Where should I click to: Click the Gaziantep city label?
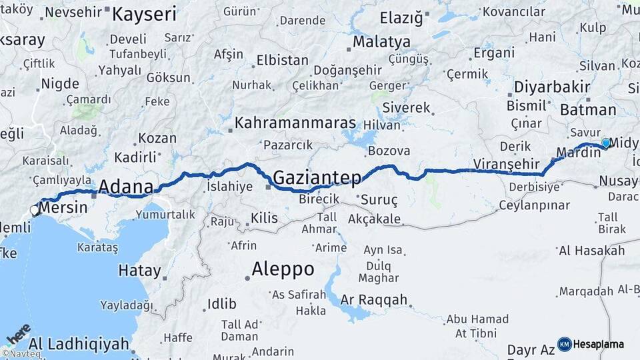point(317,178)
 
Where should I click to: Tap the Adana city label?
point(126,187)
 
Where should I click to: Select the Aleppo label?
point(283,269)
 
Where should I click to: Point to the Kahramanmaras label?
point(295,125)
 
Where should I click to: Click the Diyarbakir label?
point(552,87)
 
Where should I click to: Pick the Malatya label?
point(381,41)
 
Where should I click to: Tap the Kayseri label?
point(145,14)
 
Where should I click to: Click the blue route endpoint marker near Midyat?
point(605,143)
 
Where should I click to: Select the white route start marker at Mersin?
point(35,211)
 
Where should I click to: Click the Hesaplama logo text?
point(598,344)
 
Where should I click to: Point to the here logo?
point(18,333)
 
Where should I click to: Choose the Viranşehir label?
point(505,163)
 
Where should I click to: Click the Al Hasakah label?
point(591,251)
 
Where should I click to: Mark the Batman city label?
point(588,110)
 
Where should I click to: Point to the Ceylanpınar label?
point(534,205)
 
